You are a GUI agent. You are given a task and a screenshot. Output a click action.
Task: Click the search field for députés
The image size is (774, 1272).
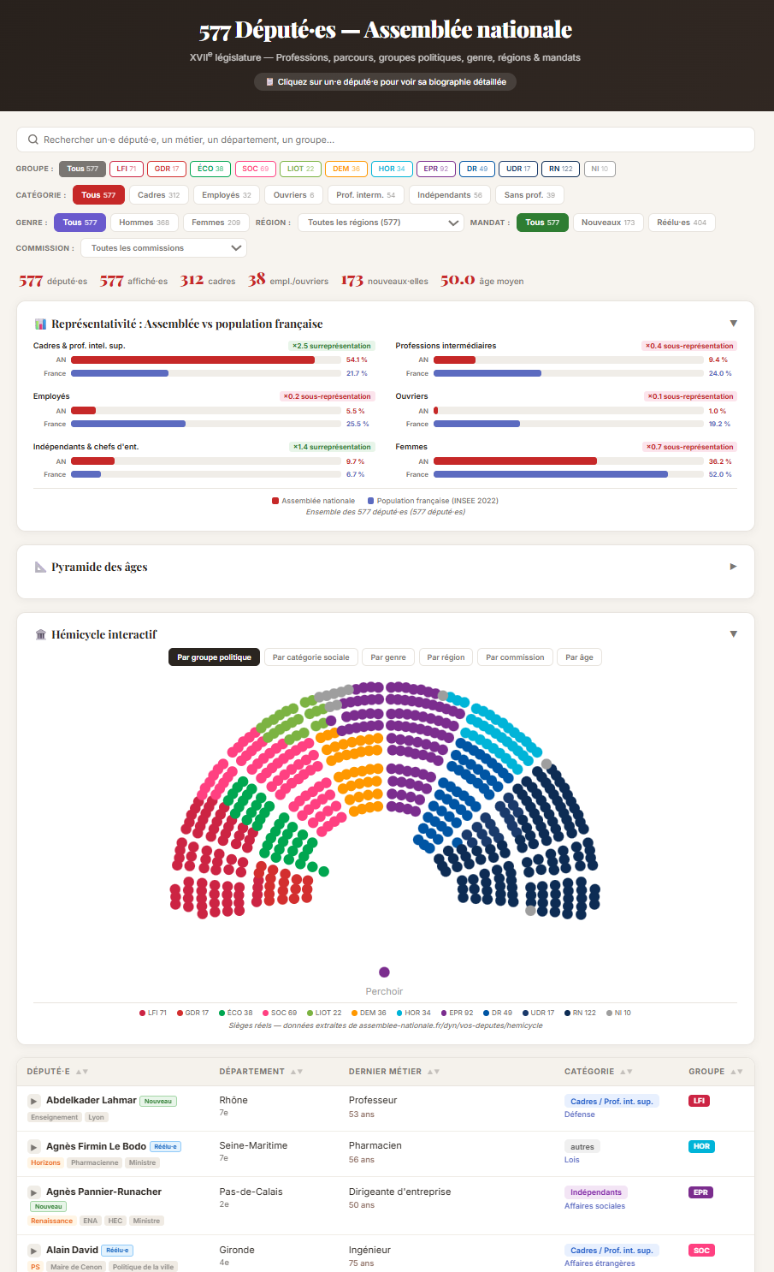click(385, 140)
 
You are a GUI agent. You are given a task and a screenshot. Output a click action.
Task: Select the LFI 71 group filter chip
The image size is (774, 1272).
click(127, 169)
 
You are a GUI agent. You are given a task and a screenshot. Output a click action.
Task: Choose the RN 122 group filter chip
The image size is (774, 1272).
click(560, 169)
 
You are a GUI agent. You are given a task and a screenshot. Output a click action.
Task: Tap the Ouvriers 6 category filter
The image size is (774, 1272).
click(293, 195)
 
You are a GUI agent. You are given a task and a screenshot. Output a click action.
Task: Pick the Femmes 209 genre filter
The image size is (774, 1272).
click(216, 223)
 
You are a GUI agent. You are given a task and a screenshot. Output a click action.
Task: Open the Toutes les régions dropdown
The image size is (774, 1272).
click(383, 223)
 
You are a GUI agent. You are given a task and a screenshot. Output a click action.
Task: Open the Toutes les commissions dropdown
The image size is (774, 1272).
click(163, 248)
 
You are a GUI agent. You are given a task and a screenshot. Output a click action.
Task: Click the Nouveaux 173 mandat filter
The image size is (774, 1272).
click(608, 223)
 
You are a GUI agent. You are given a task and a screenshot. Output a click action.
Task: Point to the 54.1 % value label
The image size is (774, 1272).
click(357, 360)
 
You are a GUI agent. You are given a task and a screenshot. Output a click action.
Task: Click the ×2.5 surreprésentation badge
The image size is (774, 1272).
click(331, 346)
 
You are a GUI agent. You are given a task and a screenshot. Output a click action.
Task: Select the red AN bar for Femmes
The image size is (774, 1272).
click(515, 461)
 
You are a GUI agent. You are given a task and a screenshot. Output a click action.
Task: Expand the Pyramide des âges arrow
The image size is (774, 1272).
click(733, 567)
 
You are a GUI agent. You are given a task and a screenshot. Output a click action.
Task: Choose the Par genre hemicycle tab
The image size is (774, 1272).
click(388, 657)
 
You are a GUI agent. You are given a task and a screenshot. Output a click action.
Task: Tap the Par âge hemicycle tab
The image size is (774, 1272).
click(579, 657)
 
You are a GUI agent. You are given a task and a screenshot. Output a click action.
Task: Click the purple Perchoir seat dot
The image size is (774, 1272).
click(384, 972)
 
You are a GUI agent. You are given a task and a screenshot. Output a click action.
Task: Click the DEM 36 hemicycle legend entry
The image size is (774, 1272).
click(369, 1013)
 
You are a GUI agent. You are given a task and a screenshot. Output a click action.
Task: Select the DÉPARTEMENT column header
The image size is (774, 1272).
click(252, 1072)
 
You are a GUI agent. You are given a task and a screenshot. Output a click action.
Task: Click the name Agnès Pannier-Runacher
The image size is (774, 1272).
click(103, 1192)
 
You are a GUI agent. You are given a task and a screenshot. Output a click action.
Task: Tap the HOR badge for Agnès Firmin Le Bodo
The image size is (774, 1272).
click(701, 1146)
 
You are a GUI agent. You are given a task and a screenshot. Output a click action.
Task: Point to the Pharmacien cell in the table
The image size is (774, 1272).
click(375, 1145)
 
